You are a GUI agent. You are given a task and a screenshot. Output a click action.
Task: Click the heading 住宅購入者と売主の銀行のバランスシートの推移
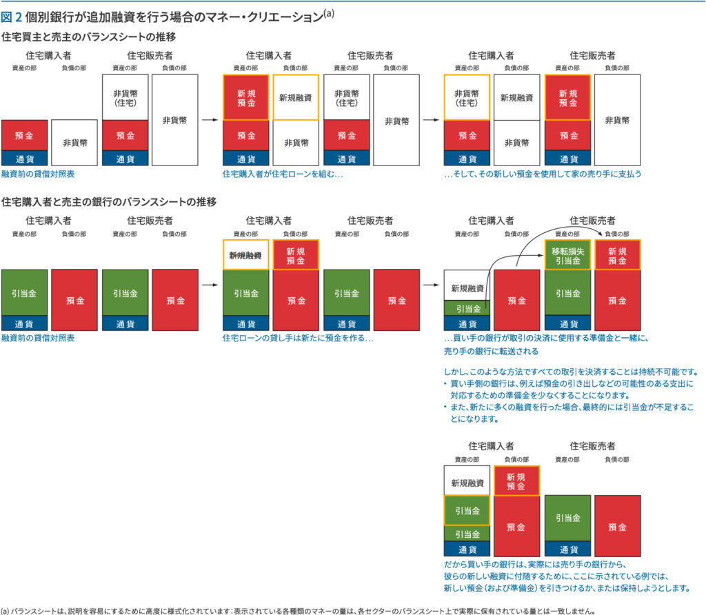click(x=109, y=202)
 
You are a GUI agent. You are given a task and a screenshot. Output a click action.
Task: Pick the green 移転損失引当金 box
click(x=567, y=256)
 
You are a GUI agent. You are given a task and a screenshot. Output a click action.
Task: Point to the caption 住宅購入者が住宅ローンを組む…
click(x=283, y=174)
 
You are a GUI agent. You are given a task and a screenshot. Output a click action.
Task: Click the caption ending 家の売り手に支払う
click(x=543, y=174)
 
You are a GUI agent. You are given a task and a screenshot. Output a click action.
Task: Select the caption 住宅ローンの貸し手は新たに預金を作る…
click(x=298, y=339)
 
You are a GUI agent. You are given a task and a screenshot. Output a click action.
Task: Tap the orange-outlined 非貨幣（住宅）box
click(x=467, y=97)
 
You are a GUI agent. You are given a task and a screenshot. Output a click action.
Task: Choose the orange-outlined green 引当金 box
click(x=467, y=511)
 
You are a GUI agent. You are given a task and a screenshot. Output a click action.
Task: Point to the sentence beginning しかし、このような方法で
click(x=572, y=370)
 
